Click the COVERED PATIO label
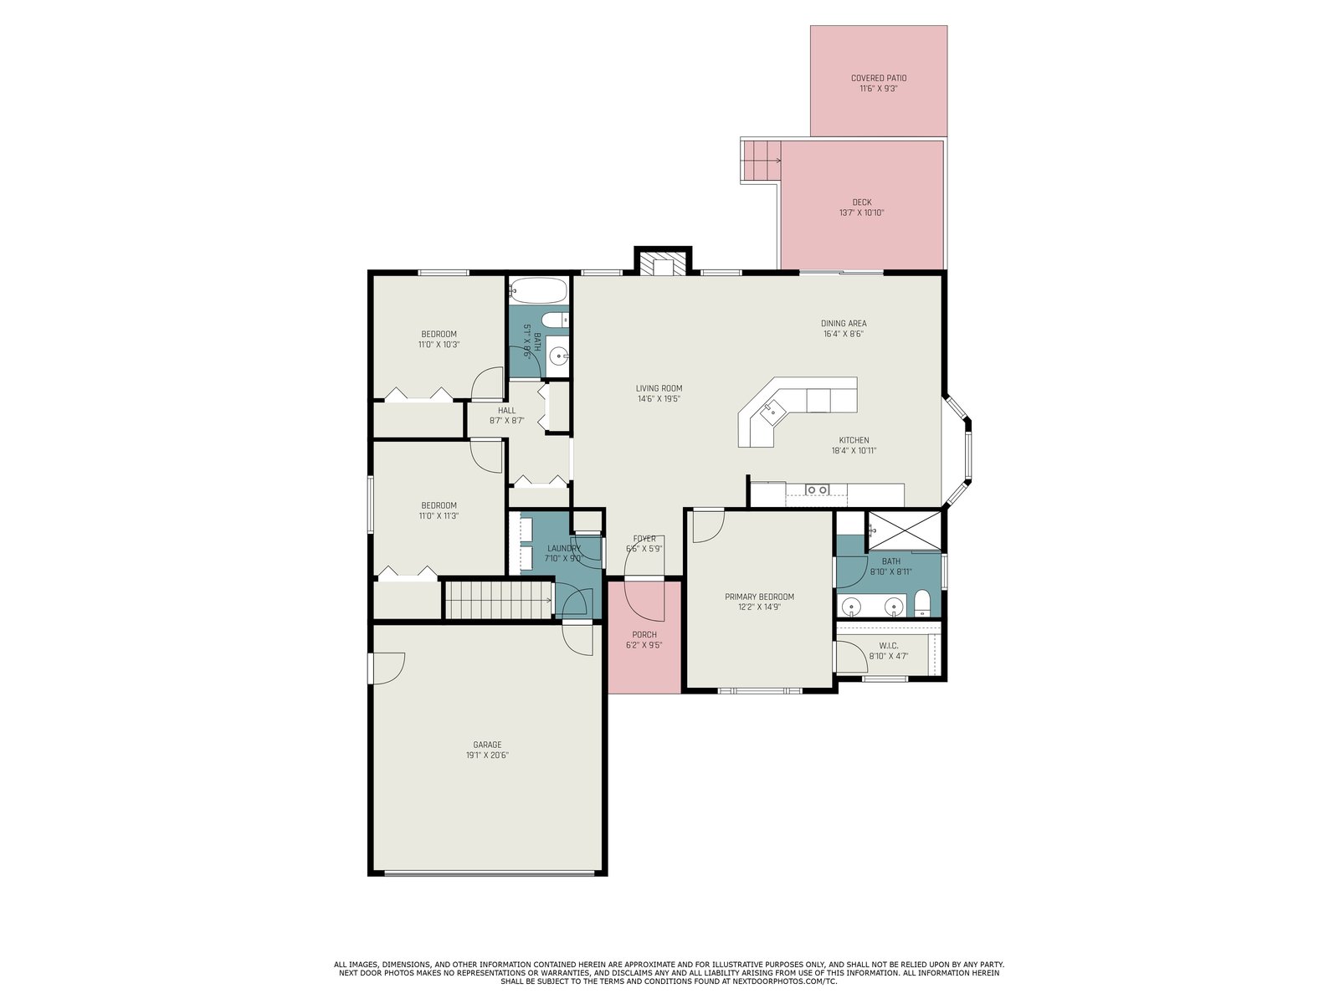coord(879,78)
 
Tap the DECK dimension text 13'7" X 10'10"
coord(861,213)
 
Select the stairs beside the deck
coord(762,161)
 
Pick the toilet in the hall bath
coord(555,320)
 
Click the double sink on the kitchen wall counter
coord(817,489)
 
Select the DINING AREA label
coord(843,324)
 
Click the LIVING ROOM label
coord(659,388)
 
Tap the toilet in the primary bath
coord(921,603)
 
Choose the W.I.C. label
coord(888,646)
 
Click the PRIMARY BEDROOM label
coord(759,597)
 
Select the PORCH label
coord(644,634)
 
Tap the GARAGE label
coord(487,745)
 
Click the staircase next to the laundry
coord(499,601)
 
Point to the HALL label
coord(506,410)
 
